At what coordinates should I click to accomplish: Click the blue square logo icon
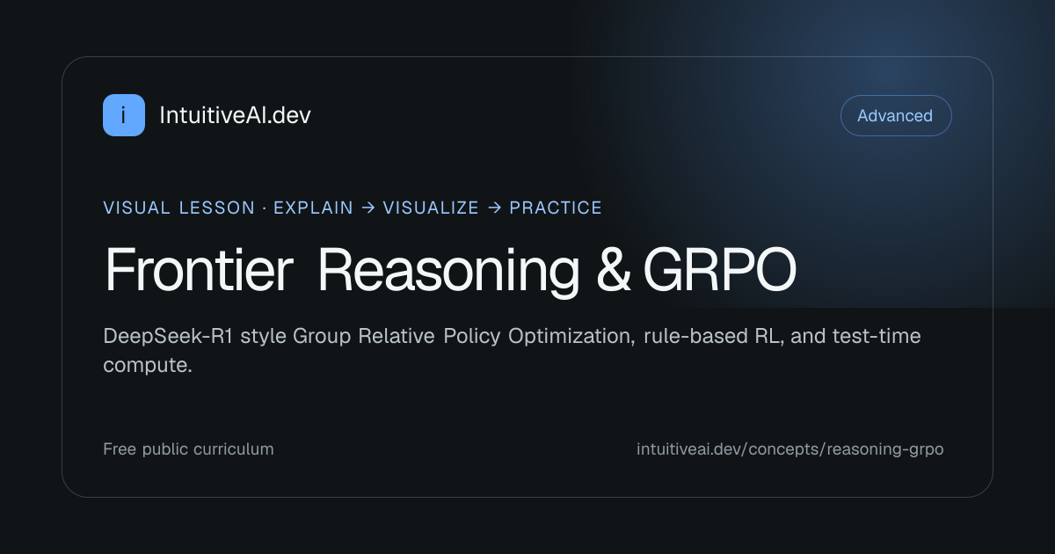[x=124, y=115]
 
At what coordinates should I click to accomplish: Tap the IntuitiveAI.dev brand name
[x=235, y=115]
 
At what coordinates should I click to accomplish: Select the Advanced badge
[x=896, y=115]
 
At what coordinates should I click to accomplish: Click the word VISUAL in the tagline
[x=136, y=208]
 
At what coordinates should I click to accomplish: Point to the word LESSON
[x=216, y=208]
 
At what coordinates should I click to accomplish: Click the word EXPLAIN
[x=313, y=208]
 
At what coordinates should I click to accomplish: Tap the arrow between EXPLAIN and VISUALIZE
[x=368, y=208]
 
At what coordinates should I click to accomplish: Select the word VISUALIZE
[x=431, y=208]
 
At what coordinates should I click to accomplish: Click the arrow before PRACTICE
[x=494, y=208]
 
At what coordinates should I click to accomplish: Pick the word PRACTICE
[x=556, y=208]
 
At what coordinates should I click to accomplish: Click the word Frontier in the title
[x=200, y=270]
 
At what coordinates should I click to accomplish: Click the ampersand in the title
[x=614, y=270]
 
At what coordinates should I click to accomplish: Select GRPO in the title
[x=720, y=270]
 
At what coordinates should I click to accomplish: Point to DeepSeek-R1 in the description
[x=168, y=336]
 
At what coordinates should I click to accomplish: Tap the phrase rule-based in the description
[x=695, y=336]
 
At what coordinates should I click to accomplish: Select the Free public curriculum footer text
[x=188, y=449]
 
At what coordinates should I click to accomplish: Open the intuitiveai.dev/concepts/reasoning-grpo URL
[x=790, y=449]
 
